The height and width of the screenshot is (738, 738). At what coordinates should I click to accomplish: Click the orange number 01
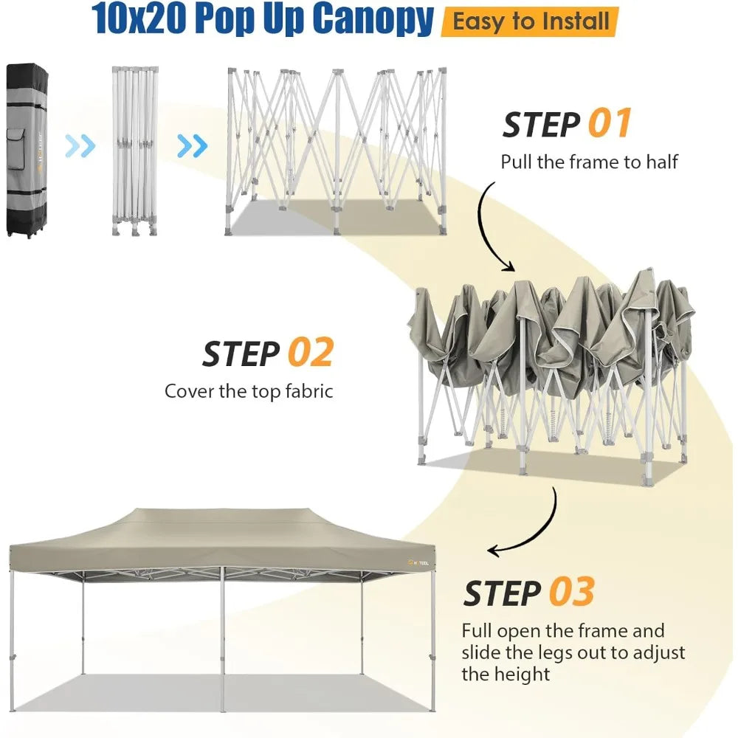(x=610, y=123)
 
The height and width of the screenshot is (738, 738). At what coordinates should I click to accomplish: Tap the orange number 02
(x=310, y=354)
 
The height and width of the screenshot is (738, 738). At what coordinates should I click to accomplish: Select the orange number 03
(x=571, y=593)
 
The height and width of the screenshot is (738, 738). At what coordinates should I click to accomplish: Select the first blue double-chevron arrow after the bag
(x=80, y=146)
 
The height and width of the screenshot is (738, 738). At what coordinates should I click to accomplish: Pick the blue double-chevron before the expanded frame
(x=193, y=146)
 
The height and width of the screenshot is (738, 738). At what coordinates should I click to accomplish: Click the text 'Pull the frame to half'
(x=589, y=161)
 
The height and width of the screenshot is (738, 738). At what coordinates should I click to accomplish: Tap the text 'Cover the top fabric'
(x=249, y=390)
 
